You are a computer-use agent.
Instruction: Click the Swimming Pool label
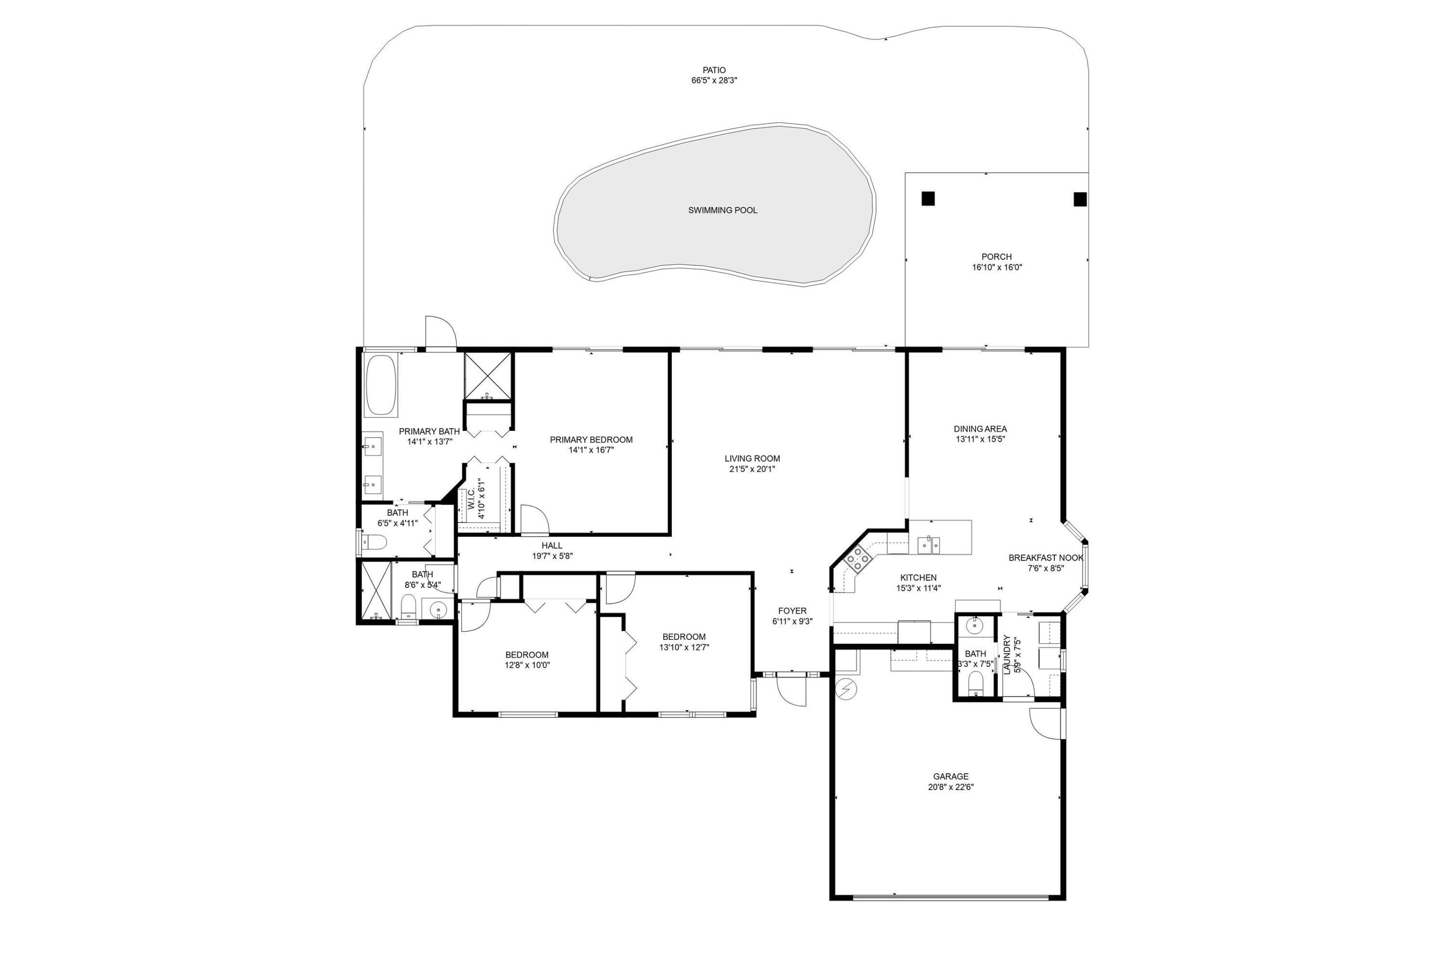pos(722,210)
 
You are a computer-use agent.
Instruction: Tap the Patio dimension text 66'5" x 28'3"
pos(714,80)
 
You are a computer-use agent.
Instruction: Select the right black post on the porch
pos(1079,199)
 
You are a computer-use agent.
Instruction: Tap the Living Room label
pos(751,458)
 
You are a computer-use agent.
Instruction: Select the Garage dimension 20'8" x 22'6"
pos(950,787)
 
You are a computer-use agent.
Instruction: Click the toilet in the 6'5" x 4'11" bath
pos(373,542)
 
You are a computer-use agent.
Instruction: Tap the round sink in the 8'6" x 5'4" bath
pos(438,610)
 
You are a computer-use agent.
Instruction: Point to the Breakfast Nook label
pos(1045,558)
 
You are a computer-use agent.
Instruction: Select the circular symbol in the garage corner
pos(846,689)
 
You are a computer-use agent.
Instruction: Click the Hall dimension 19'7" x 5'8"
pos(552,557)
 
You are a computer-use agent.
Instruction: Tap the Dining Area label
pos(980,429)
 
